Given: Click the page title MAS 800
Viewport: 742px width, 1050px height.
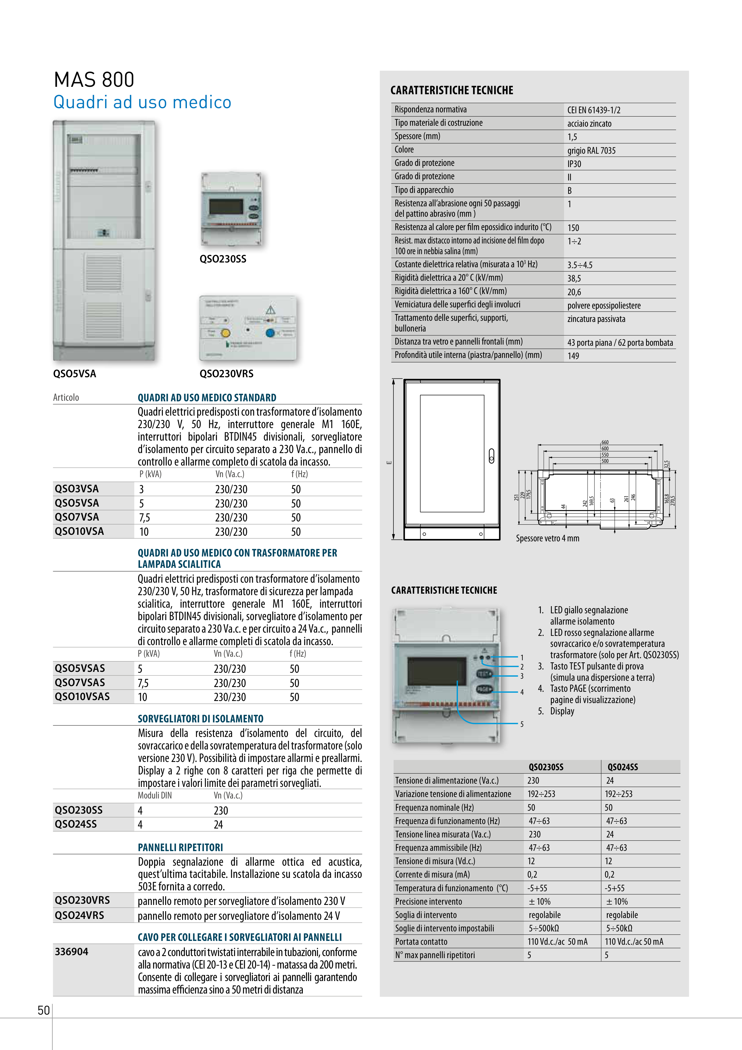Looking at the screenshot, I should pyautogui.click(x=94, y=80).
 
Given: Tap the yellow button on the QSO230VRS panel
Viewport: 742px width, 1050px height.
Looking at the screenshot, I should pyautogui.click(x=225, y=333).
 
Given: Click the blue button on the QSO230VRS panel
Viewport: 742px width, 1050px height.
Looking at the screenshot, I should pyautogui.click(x=270, y=332).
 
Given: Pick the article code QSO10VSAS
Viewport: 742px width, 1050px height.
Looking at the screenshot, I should pyautogui.click(x=82, y=697).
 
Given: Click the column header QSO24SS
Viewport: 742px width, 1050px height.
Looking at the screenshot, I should pyautogui.click(x=622, y=767).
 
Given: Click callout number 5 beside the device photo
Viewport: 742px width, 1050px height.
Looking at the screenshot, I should pyautogui.click(x=522, y=724).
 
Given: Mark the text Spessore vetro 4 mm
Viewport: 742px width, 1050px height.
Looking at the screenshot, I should pyautogui.click(x=547, y=538).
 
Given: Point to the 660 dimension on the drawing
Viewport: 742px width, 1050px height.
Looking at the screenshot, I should pyautogui.click(x=605, y=442).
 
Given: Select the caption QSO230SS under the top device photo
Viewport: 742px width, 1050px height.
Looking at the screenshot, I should pyautogui.click(x=223, y=259).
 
